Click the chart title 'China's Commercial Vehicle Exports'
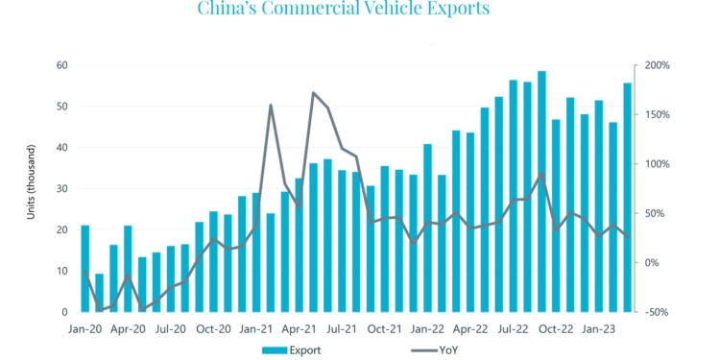[x=344, y=10]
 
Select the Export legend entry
[x=292, y=349]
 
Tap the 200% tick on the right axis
[x=658, y=65]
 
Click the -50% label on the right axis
[x=657, y=312]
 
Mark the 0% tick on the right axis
[x=653, y=263]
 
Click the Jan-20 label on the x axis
[x=84, y=329]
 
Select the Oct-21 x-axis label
[x=385, y=329]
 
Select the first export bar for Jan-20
[x=85, y=269]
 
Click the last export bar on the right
[x=627, y=197]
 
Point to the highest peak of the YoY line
[x=314, y=93]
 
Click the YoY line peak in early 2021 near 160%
[x=271, y=106]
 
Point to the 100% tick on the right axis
[x=658, y=164]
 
